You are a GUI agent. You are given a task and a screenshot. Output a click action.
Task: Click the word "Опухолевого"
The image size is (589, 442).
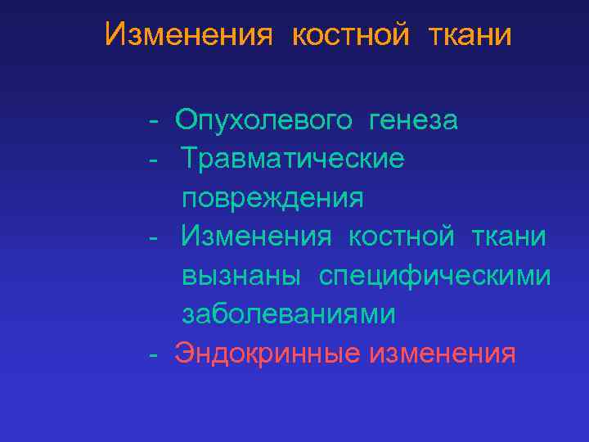point(264,121)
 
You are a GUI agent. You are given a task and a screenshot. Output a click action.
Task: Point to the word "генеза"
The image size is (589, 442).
point(414,121)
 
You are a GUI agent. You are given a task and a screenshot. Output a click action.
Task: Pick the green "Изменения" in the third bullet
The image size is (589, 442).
point(257,237)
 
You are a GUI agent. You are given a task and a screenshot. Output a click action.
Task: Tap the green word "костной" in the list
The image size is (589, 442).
point(401,237)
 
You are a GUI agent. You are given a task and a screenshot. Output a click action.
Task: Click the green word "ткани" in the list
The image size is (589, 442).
point(509,237)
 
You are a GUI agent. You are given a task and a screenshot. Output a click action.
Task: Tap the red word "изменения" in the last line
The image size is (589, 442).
point(443,354)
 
